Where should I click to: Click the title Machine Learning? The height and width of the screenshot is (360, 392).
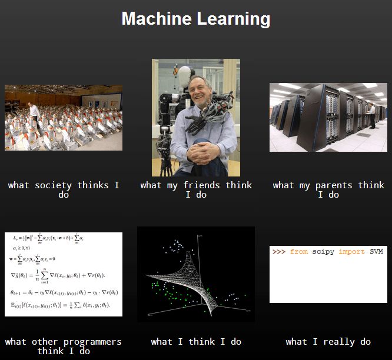pos(195,19)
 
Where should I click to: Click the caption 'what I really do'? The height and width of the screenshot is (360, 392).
pos(328,342)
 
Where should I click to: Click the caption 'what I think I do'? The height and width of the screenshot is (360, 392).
pos(195,342)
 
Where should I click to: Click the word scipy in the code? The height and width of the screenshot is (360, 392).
pos(324,252)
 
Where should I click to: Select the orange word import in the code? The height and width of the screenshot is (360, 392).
pos(351,252)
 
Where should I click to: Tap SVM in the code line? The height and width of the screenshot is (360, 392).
pos(376,252)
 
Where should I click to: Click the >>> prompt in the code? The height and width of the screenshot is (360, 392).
pos(279,252)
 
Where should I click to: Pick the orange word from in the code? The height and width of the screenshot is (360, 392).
pos(299,252)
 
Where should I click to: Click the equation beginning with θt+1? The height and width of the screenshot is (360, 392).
pos(64,292)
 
